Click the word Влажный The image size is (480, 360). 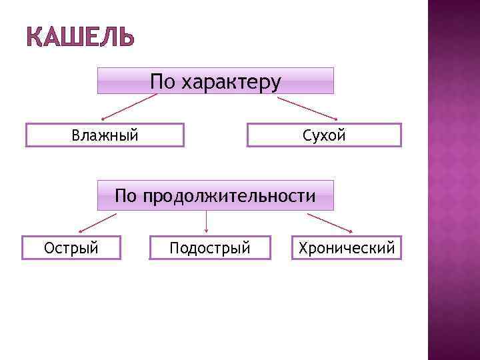pos(105,136)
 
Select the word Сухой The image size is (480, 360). pos(324,136)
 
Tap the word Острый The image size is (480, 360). pos(71,249)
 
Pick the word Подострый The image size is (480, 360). pos(210,249)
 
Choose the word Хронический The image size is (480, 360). pos(347,249)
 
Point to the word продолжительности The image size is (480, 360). pos(230,196)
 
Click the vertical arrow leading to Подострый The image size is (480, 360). pos(206,222)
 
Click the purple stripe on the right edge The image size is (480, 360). pos(453,180)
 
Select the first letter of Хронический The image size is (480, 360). pos(303,249)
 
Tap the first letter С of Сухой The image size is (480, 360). pos(307,136)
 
